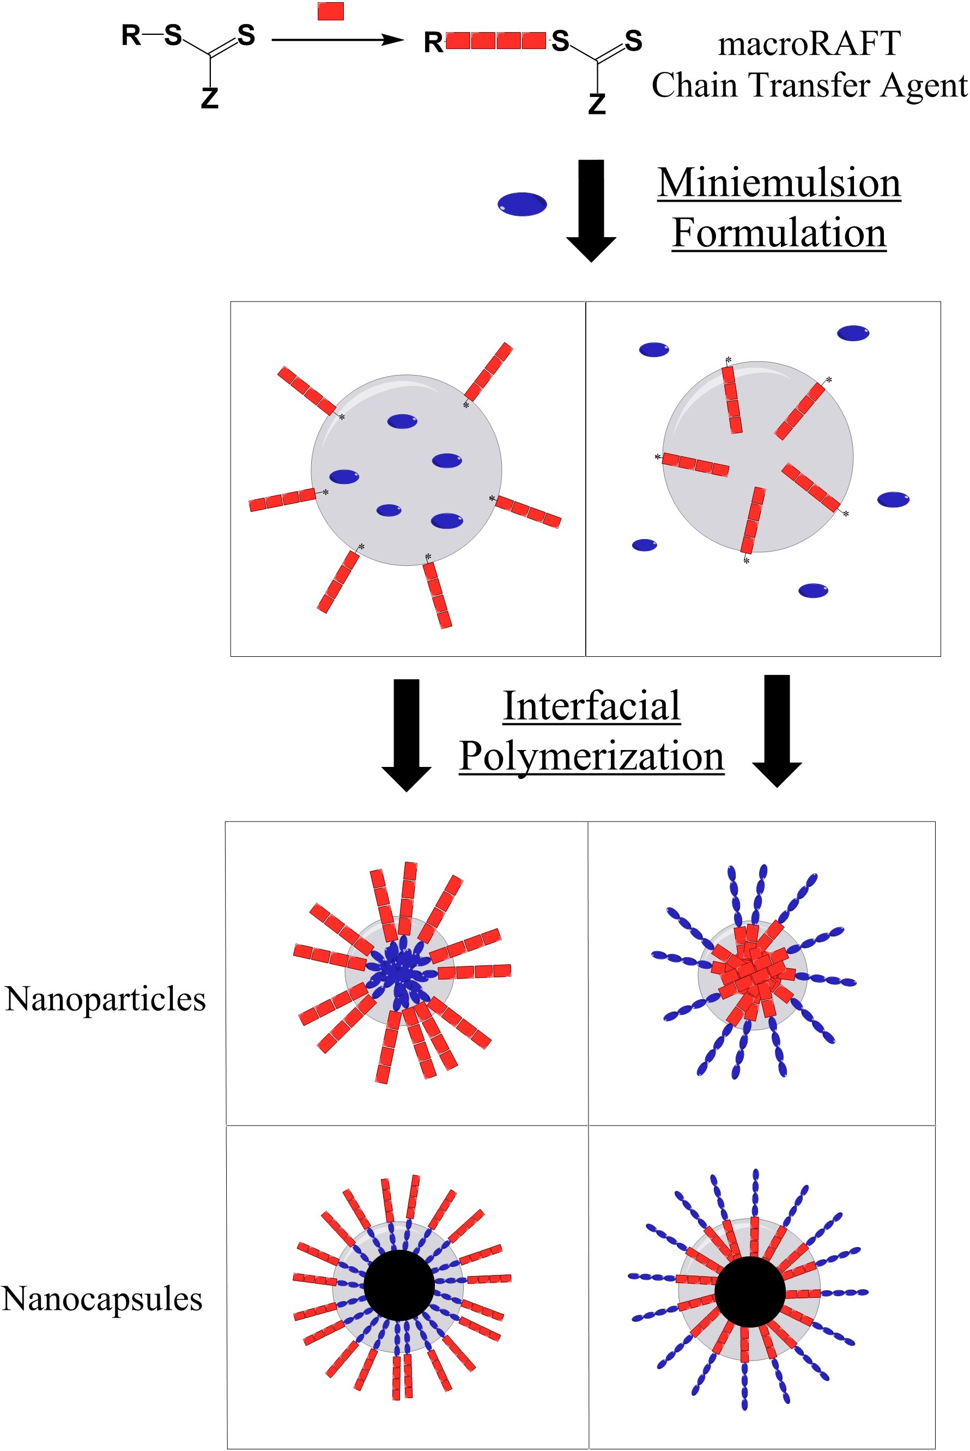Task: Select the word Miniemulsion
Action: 779,183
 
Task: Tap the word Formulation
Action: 779,233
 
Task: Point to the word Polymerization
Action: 591,755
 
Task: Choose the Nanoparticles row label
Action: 105,999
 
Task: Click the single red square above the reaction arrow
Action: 330,11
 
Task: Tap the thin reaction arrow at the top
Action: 337,40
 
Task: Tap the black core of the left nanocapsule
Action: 399,1285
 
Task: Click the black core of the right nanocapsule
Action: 750,1291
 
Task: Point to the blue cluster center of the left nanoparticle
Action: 399,974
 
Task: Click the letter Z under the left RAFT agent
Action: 210,98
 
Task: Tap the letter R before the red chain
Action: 433,43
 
